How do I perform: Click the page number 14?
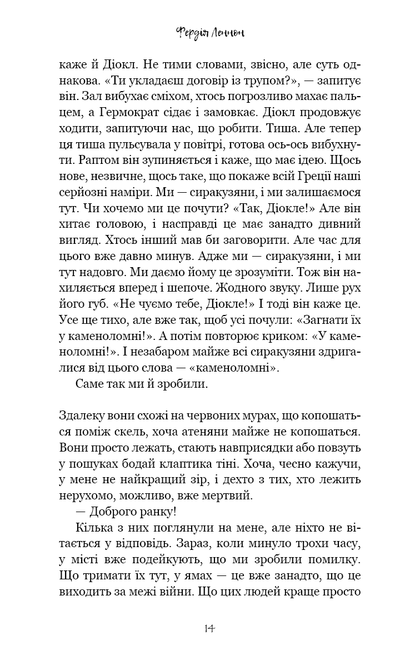[x=209, y=628]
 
